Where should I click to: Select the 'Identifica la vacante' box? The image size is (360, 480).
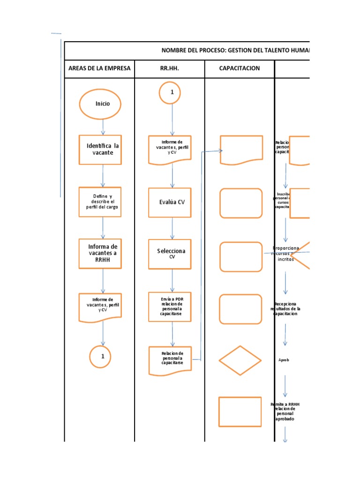click(x=103, y=150)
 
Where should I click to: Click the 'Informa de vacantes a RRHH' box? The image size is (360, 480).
click(x=103, y=253)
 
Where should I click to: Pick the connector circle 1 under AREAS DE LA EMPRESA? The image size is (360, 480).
click(x=103, y=357)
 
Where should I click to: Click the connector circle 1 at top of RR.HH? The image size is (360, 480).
click(x=172, y=92)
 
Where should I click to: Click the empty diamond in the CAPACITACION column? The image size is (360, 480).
click(x=240, y=360)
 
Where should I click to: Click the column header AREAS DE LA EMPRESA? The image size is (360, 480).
click(x=99, y=68)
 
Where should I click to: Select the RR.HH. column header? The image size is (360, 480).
click(x=170, y=68)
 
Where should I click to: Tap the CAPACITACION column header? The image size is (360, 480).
click(x=239, y=68)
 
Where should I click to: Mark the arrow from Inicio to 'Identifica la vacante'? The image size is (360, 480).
click(x=103, y=127)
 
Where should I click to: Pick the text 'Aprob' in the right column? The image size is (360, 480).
click(x=284, y=360)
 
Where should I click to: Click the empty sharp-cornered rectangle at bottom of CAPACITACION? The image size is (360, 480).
click(x=240, y=412)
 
